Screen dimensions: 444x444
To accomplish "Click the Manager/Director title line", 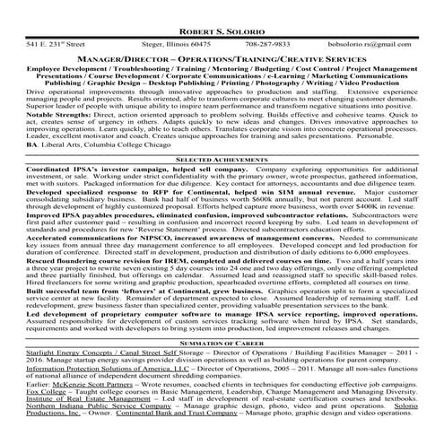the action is coord(222,57).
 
